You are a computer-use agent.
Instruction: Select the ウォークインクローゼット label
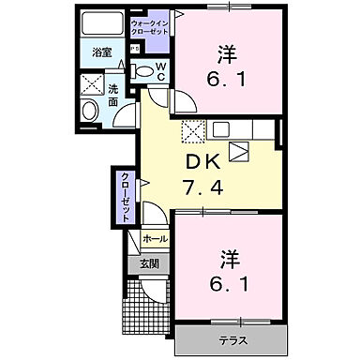click(x=150, y=26)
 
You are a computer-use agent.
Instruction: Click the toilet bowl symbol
click(x=144, y=70)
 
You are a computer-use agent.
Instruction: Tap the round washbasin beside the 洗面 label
click(x=90, y=111)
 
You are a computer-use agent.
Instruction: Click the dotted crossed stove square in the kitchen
click(x=192, y=130)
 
